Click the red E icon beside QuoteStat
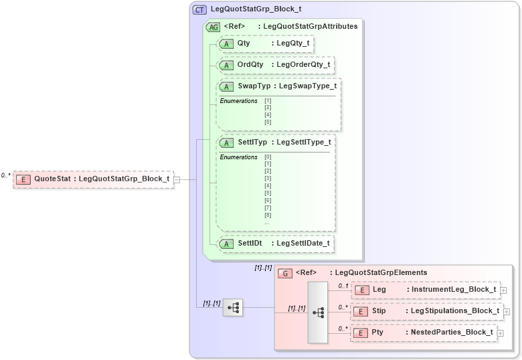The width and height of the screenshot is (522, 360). [x=23, y=179]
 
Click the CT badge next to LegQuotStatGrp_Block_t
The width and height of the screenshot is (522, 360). [x=199, y=9]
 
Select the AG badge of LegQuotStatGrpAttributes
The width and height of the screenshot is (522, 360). [x=213, y=27]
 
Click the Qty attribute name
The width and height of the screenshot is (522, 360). [x=244, y=43]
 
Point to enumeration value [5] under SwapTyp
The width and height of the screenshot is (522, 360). [x=268, y=122]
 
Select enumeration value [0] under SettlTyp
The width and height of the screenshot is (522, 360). [x=268, y=157]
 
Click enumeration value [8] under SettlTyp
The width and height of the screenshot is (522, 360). [x=268, y=215]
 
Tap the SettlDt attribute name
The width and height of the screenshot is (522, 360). [x=250, y=244]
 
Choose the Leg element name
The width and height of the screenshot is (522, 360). [x=379, y=290]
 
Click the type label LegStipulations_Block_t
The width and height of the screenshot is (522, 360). [x=454, y=311]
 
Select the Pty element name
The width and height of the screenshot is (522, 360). [x=377, y=333]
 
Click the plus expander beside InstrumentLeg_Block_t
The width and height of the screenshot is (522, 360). [x=503, y=290]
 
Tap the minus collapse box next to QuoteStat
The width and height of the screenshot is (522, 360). [x=177, y=179]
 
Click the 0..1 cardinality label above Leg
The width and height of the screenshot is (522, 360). [x=343, y=286]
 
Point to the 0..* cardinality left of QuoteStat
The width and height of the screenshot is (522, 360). [x=5, y=175]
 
